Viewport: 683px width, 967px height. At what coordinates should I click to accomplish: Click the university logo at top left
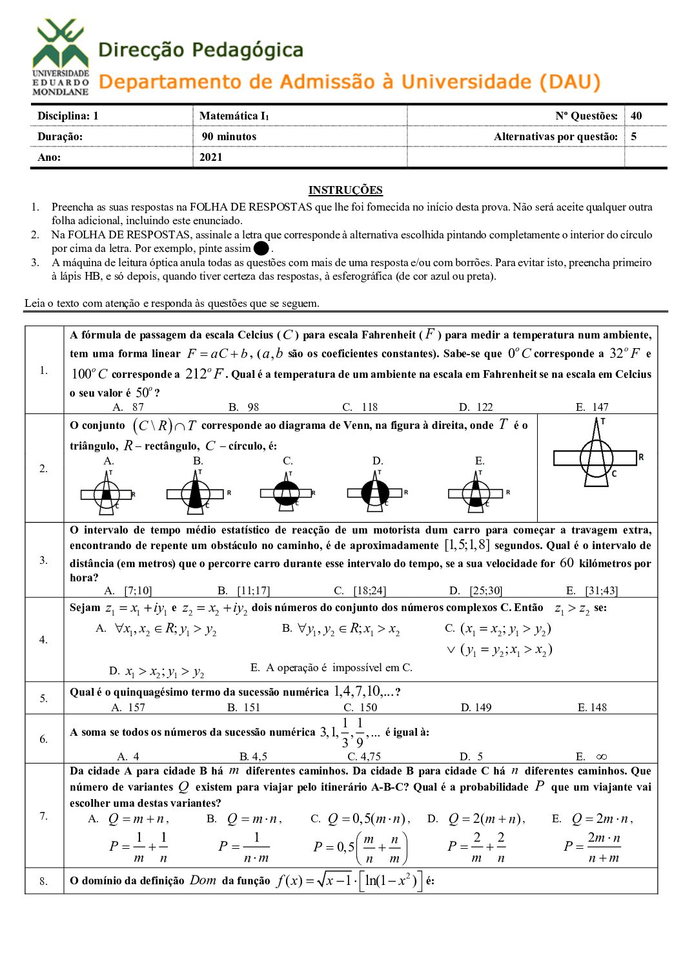(x=61, y=57)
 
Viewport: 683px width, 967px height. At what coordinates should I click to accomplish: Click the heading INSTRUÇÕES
(x=345, y=190)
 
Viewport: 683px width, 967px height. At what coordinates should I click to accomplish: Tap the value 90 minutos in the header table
(x=229, y=136)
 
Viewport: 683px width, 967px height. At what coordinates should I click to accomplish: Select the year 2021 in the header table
(x=211, y=157)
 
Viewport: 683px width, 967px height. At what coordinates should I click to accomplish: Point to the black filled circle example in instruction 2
(x=261, y=249)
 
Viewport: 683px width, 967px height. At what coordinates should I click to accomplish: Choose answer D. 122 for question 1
(x=476, y=407)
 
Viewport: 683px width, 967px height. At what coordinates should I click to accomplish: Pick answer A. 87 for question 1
(x=128, y=407)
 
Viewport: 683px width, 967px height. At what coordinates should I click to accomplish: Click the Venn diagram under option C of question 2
(x=287, y=494)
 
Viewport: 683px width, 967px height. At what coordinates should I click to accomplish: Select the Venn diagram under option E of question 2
(x=477, y=494)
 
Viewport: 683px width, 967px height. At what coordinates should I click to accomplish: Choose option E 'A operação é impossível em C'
(x=331, y=667)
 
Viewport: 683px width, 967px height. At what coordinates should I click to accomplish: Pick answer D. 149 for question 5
(x=476, y=707)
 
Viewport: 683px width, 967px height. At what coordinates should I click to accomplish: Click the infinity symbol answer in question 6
(x=601, y=756)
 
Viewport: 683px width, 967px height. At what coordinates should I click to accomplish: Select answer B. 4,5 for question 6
(x=253, y=756)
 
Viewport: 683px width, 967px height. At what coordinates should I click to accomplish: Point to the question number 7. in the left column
(x=43, y=816)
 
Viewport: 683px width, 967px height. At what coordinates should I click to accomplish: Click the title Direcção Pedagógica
(x=201, y=50)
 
